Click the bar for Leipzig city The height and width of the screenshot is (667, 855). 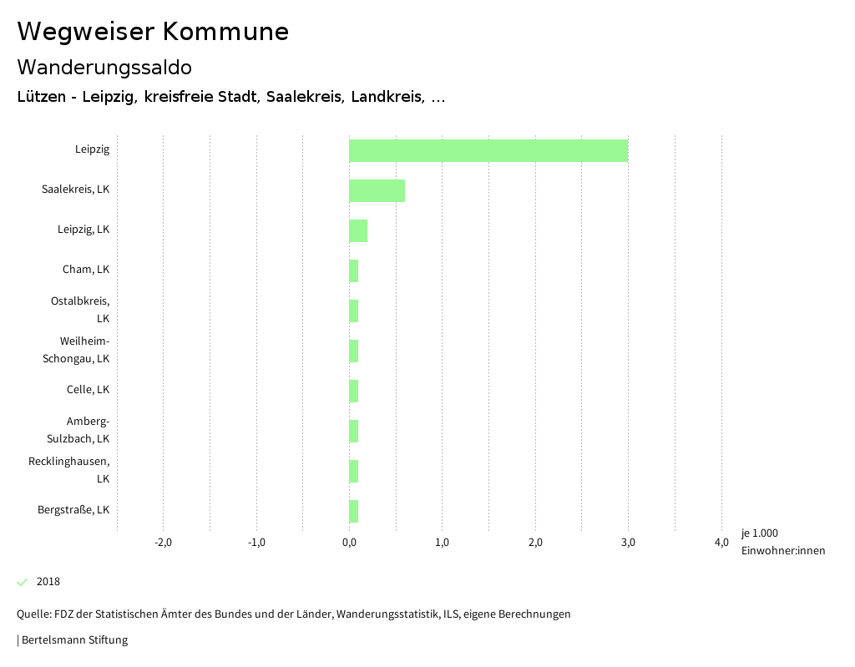(488, 150)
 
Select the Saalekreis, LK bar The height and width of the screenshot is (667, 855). (377, 190)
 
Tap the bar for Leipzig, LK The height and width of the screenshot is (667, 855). (358, 230)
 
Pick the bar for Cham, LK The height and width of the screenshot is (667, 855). (354, 270)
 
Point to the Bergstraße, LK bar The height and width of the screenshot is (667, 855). (354, 511)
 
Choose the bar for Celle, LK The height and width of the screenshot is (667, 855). (354, 391)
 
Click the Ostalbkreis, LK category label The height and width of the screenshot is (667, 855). (80, 310)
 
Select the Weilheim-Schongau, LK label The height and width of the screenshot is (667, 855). (77, 350)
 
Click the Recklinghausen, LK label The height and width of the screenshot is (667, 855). (69, 470)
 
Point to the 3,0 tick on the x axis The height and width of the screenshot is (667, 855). (628, 543)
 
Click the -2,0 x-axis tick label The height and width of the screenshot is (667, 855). (163, 543)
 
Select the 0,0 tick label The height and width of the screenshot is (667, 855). (349, 543)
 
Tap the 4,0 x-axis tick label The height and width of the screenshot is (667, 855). (721, 543)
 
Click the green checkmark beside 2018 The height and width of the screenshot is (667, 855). (23, 582)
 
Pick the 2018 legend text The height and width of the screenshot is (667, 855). (48, 582)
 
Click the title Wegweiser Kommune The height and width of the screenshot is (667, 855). (153, 32)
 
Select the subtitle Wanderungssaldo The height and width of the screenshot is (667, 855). (104, 67)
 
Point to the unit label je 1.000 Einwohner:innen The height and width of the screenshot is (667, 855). (782, 542)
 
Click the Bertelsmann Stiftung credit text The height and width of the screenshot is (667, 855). (73, 640)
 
